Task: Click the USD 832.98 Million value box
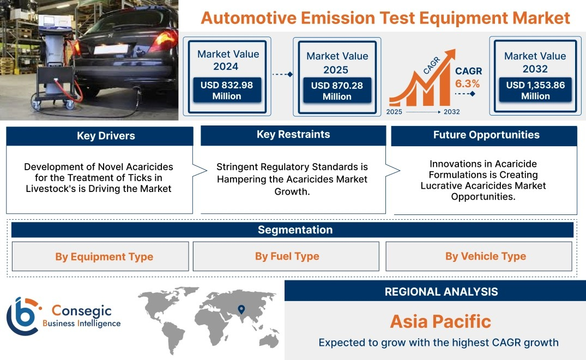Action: click(227, 91)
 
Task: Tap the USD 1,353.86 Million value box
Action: click(535, 90)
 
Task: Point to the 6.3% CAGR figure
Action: click(467, 84)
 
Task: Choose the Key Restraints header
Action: click(293, 135)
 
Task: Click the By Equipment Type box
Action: click(100, 256)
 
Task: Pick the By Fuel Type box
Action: click(286, 256)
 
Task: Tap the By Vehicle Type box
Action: click(479, 256)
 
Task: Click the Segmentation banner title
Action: click(295, 230)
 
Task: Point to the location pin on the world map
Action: click(241, 309)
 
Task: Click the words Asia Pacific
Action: click(440, 321)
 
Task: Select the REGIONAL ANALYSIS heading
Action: click(442, 292)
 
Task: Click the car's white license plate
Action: click(111, 49)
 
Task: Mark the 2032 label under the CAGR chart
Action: click(451, 112)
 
